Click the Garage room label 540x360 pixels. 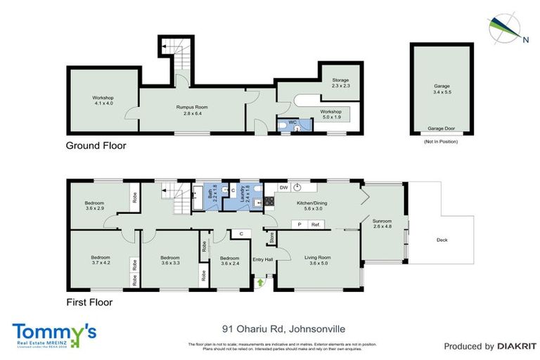(441, 89)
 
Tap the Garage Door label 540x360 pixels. (441, 129)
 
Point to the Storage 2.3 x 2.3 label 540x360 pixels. (340, 83)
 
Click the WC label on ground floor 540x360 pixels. (293, 122)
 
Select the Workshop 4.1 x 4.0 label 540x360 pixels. (103, 101)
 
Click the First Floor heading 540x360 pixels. (89, 302)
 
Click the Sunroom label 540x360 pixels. (382, 224)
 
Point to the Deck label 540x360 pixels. (442, 240)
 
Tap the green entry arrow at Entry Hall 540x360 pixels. (261, 282)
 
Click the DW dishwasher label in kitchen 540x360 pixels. (283, 188)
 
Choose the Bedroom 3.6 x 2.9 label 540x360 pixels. (94, 205)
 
